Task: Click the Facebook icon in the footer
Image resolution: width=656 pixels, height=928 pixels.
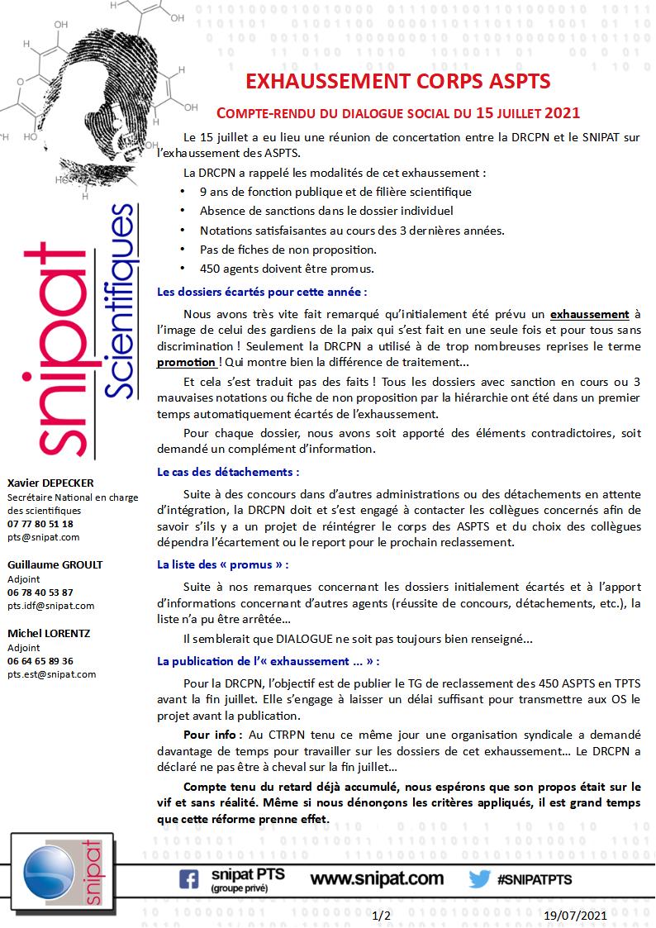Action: [x=188, y=879]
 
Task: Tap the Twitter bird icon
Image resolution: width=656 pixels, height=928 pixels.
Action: [x=479, y=879]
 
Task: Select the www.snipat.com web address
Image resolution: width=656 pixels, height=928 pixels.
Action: [x=377, y=878]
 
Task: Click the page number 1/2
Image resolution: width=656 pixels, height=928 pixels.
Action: [x=382, y=916]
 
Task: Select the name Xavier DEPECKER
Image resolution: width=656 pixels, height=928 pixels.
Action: [x=50, y=483]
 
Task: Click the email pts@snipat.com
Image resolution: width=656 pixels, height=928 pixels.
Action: [x=44, y=536]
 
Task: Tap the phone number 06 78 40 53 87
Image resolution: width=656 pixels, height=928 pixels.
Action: [x=40, y=592]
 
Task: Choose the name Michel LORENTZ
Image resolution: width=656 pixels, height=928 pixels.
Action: [x=49, y=633]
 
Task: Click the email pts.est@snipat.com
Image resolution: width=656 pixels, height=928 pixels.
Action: [x=52, y=673]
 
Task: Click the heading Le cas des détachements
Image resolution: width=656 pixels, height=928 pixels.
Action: [x=228, y=472]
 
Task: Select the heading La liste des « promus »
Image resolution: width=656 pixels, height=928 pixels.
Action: [x=223, y=564]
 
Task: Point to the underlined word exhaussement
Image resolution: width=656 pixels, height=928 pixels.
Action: [x=589, y=314]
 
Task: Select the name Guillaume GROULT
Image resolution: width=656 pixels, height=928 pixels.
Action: [x=55, y=564]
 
